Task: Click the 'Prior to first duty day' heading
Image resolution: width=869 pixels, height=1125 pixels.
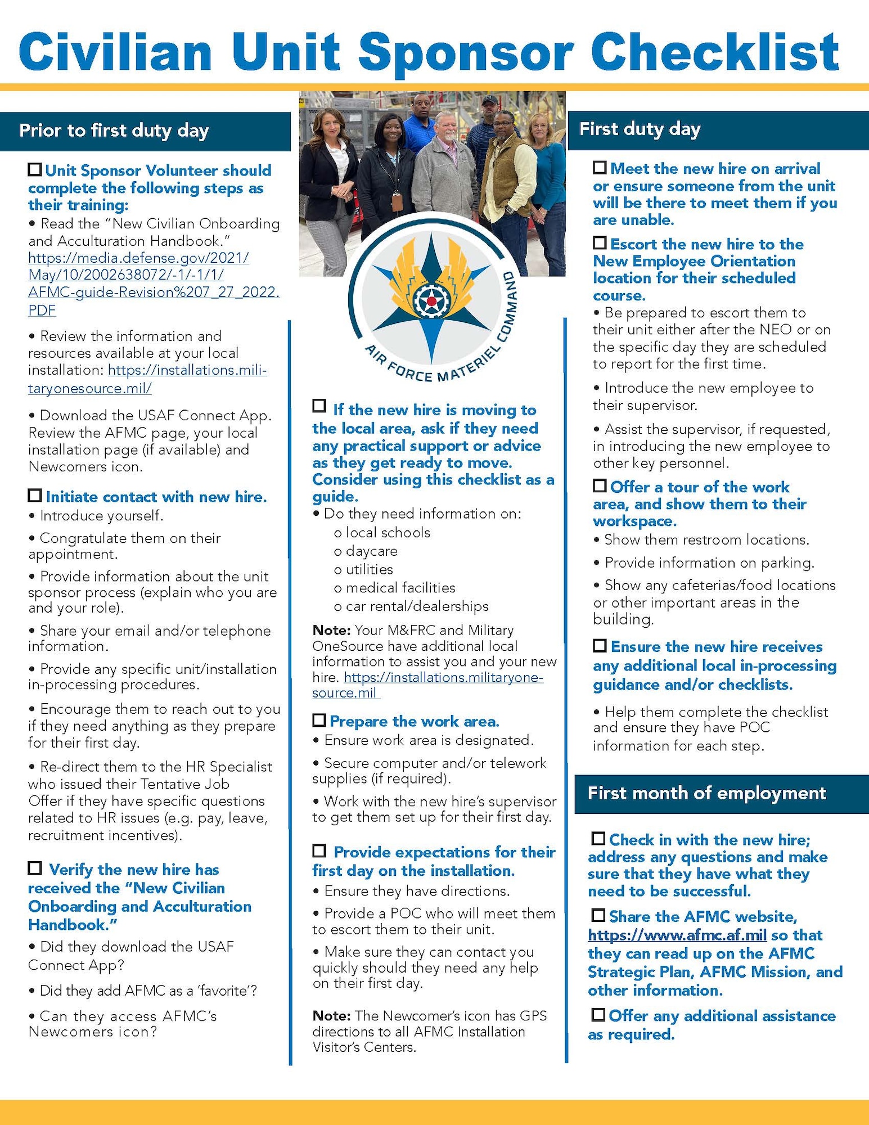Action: (114, 131)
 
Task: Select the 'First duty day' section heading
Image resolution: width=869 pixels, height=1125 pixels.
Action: (640, 129)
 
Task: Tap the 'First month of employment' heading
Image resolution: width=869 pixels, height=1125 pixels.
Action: (706, 794)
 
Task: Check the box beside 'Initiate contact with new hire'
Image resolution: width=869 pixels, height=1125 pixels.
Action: (35, 496)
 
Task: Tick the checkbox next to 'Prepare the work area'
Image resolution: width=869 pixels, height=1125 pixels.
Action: (319, 720)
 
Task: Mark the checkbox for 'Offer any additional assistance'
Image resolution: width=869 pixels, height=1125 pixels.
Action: (598, 1015)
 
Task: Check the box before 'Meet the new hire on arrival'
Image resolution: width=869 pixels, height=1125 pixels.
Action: (600, 168)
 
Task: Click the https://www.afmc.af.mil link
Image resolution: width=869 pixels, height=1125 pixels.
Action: (677, 935)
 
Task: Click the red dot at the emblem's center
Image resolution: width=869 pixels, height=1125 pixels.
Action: (431, 301)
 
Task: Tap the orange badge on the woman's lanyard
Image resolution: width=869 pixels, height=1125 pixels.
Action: (398, 200)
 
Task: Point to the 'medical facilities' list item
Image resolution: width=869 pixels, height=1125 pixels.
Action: (400, 588)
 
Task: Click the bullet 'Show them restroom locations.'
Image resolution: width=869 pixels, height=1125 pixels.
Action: (706, 540)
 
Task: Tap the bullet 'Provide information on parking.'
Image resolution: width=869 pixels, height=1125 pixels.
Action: (709, 563)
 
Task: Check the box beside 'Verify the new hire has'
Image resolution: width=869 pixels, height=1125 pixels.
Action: (35, 868)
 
